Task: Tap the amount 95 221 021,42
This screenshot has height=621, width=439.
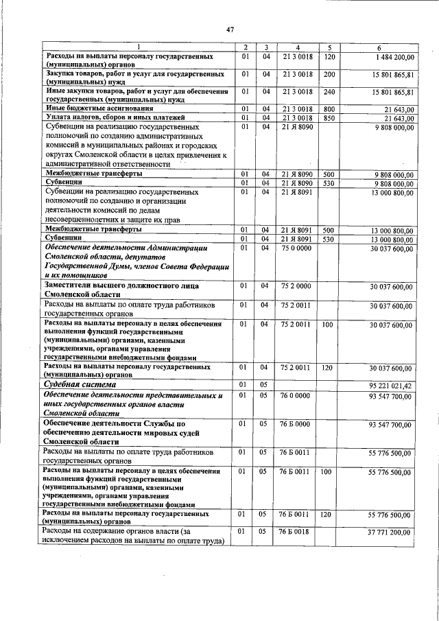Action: pyautogui.click(x=389, y=386)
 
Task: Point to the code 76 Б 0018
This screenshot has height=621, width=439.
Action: pyautogui.click(x=296, y=532)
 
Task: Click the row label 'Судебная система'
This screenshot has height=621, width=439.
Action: pyautogui.click(x=74, y=386)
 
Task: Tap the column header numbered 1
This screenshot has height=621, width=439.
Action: pyautogui.click(x=136, y=47)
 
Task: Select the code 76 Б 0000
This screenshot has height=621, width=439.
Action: pyautogui.click(x=296, y=425)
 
